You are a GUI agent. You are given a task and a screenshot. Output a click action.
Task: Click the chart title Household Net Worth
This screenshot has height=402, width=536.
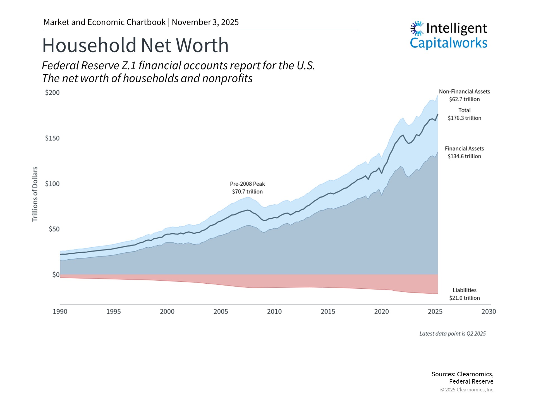point(135,45)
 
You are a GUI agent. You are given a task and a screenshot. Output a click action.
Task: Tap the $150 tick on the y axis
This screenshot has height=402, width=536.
point(52,138)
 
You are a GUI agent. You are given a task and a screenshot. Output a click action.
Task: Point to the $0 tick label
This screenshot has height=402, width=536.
point(56,275)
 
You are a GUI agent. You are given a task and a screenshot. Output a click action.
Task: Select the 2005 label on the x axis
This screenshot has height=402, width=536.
point(221,312)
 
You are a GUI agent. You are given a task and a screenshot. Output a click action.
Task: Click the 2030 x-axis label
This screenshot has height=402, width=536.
point(489,312)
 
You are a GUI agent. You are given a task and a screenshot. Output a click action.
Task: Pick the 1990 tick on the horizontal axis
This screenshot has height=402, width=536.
point(60,312)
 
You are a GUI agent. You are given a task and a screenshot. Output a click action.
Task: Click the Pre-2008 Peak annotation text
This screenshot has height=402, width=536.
point(247,184)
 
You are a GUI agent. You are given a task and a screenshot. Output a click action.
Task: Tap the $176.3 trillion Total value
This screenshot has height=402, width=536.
point(465,118)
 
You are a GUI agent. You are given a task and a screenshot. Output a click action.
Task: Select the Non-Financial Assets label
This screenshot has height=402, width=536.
point(465,92)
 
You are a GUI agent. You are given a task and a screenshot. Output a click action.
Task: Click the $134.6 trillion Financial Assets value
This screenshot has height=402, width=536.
point(465,156)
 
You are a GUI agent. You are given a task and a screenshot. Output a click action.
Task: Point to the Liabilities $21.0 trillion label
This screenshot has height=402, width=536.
point(465,294)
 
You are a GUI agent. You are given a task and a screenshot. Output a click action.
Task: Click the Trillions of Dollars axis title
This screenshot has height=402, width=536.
point(35,194)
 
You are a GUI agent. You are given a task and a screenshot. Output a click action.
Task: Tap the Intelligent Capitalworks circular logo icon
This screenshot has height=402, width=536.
point(417,28)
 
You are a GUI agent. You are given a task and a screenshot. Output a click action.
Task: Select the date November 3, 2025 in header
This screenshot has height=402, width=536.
point(205,22)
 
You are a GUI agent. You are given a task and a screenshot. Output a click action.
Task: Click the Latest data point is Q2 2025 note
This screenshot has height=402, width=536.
point(452,334)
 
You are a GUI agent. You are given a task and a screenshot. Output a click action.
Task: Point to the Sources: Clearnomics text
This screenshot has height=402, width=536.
point(462,374)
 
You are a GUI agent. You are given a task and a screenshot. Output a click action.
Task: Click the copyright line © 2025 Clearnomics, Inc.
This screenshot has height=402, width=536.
point(467,390)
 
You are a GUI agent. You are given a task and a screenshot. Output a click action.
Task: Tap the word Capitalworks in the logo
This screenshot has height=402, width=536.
point(448,43)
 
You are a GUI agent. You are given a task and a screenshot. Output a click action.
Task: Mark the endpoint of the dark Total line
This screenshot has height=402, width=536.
point(437,114)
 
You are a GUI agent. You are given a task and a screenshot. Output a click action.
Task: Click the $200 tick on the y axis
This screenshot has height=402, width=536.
point(52,93)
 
